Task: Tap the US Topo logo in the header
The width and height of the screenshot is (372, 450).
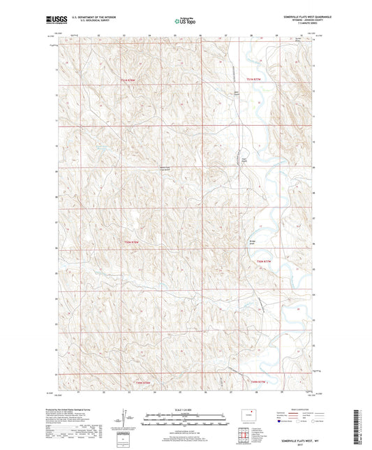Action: pyautogui.click(x=183, y=22)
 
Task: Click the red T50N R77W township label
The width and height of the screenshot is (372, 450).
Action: pyautogui.click(x=262, y=261)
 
